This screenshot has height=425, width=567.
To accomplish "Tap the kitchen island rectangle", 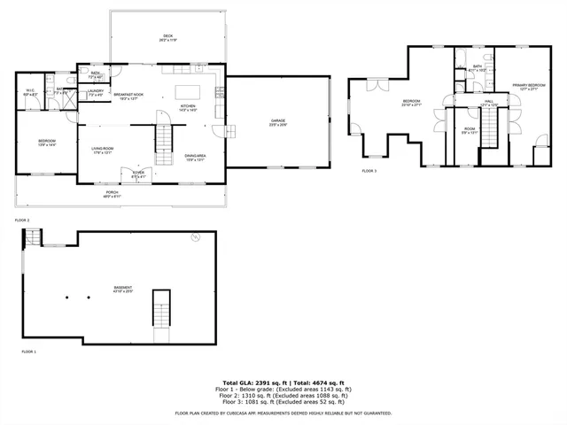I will tap(189, 91).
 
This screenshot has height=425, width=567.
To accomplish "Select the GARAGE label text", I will tap(278, 121).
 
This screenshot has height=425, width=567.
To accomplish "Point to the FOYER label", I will tap(138, 174).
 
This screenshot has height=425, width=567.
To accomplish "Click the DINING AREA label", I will tap(196, 158).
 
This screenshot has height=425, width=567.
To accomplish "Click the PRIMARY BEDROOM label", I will tap(526, 87).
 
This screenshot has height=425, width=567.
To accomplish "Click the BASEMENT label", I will tap(122, 289).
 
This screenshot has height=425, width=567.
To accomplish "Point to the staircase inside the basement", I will tap(160, 308).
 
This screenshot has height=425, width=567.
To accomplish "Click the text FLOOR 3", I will tap(369, 170).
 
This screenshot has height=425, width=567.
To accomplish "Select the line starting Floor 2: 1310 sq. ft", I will tap(283, 395).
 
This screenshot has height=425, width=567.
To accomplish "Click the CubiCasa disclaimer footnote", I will tap(283, 413).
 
